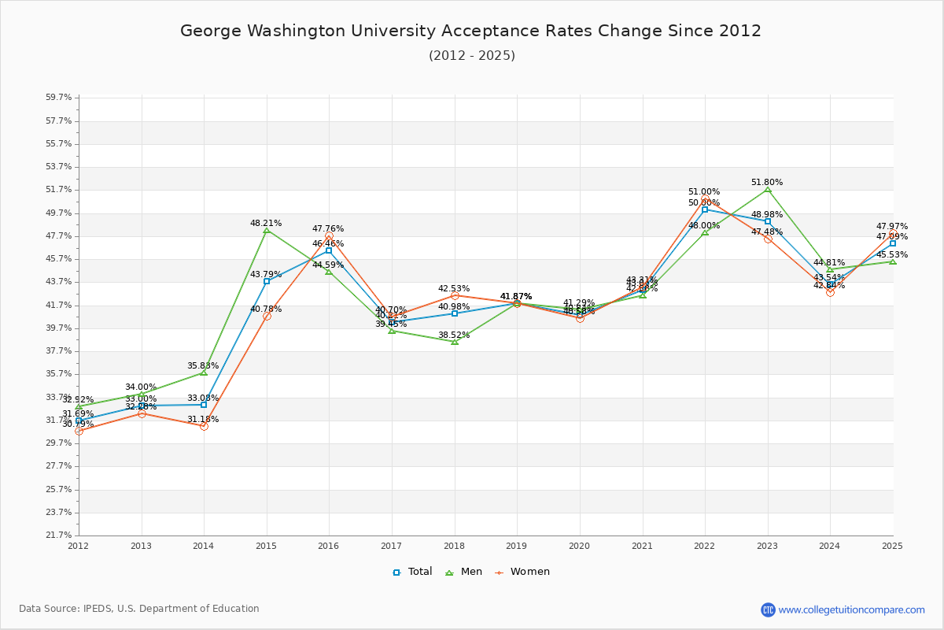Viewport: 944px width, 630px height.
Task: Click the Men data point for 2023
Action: click(x=768, y=189)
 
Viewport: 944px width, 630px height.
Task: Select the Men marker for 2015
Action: click(x=267, y=230)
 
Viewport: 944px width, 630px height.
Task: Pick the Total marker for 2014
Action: click(x=204, y=405)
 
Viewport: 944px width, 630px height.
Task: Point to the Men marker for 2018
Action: click(x=455, y=342)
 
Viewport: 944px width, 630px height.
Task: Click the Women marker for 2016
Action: click(x=329, y=236)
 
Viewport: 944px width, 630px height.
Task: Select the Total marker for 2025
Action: click(x=893, y=243)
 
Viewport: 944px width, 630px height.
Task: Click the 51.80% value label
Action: click(x=767, y=182)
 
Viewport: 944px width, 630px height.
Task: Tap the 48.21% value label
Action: click(x=266, y=223)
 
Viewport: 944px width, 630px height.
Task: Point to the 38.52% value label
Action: click(x=454, y=335)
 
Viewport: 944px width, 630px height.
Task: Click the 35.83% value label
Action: click(x=203, y=365)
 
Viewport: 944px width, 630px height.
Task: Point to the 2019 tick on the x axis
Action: click(x=517, y=545)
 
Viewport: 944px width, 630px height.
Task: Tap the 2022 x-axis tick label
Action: click(x=705, y=545)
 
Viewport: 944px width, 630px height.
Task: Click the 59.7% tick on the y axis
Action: click(x=59, y=98)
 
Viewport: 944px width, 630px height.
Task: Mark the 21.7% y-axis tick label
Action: click(x=59, y=535)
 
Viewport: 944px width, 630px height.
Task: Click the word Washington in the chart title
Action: click(x=272, y=31)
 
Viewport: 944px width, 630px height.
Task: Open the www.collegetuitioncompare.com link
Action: click(x=851, y=610)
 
